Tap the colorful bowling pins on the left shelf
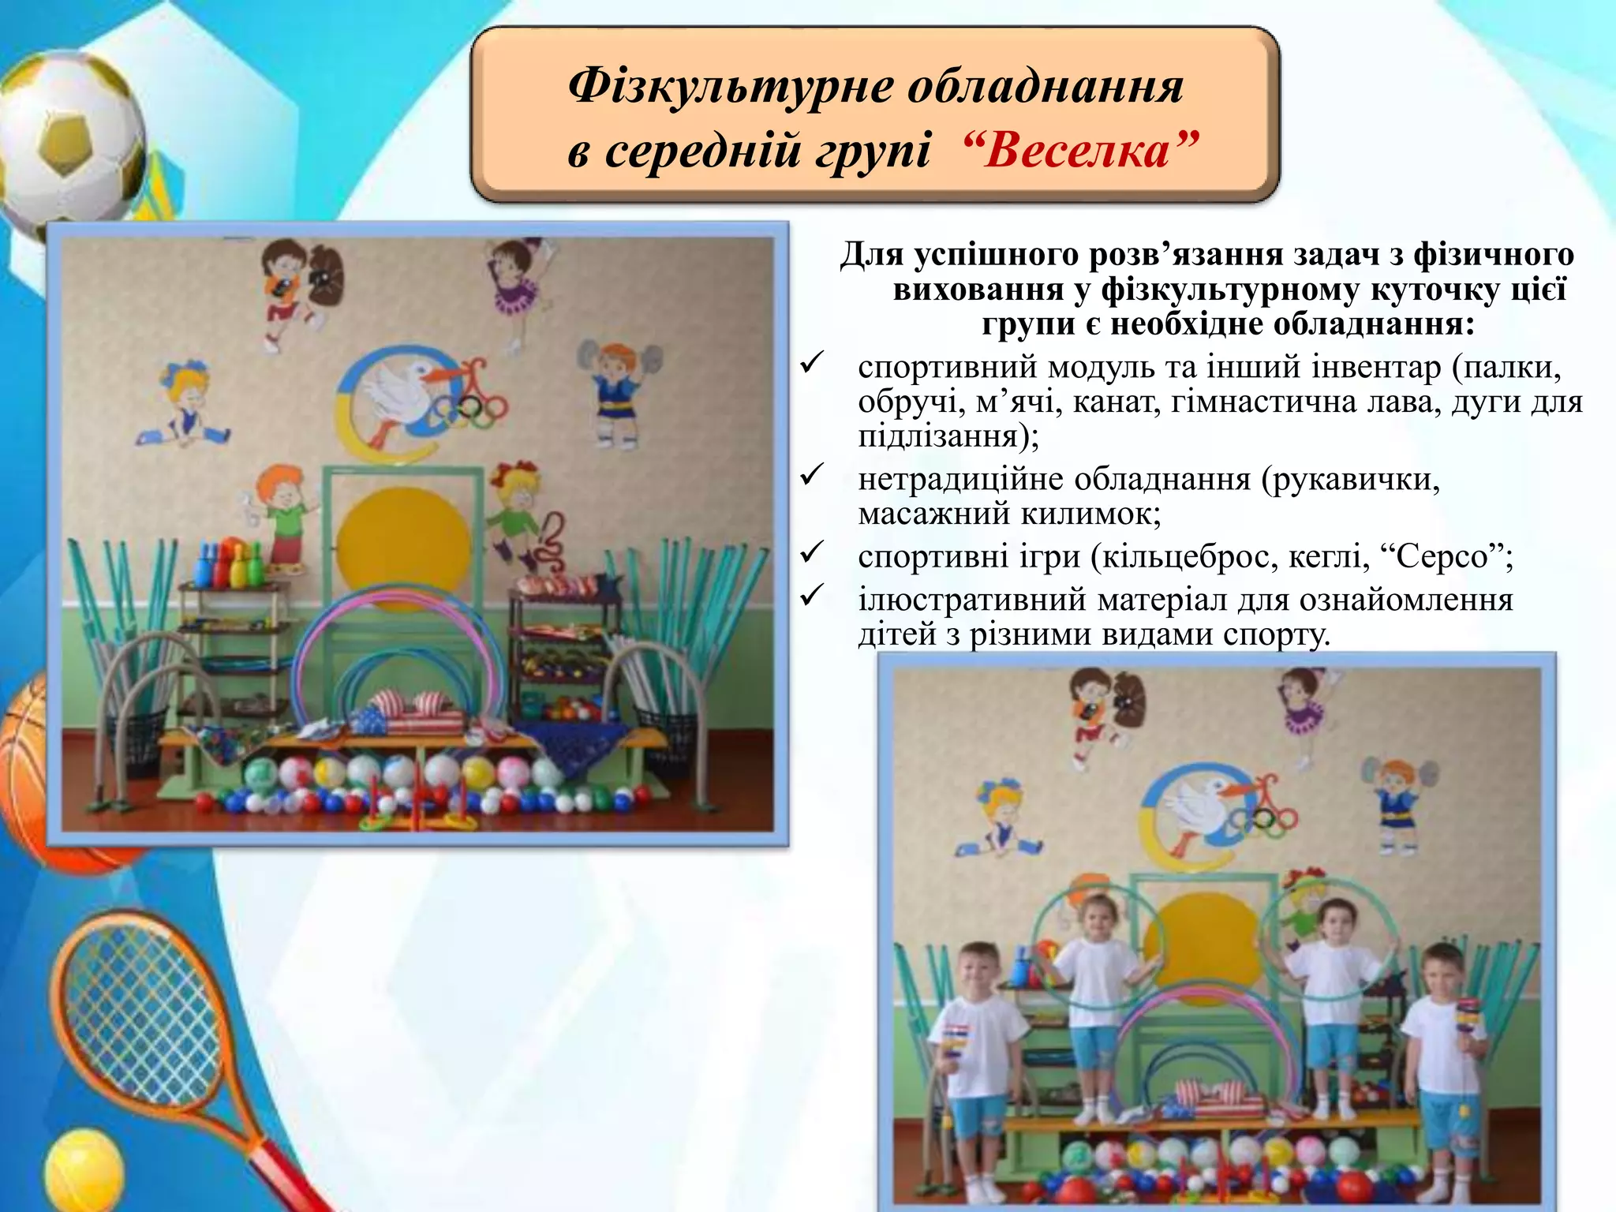(229, 562)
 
